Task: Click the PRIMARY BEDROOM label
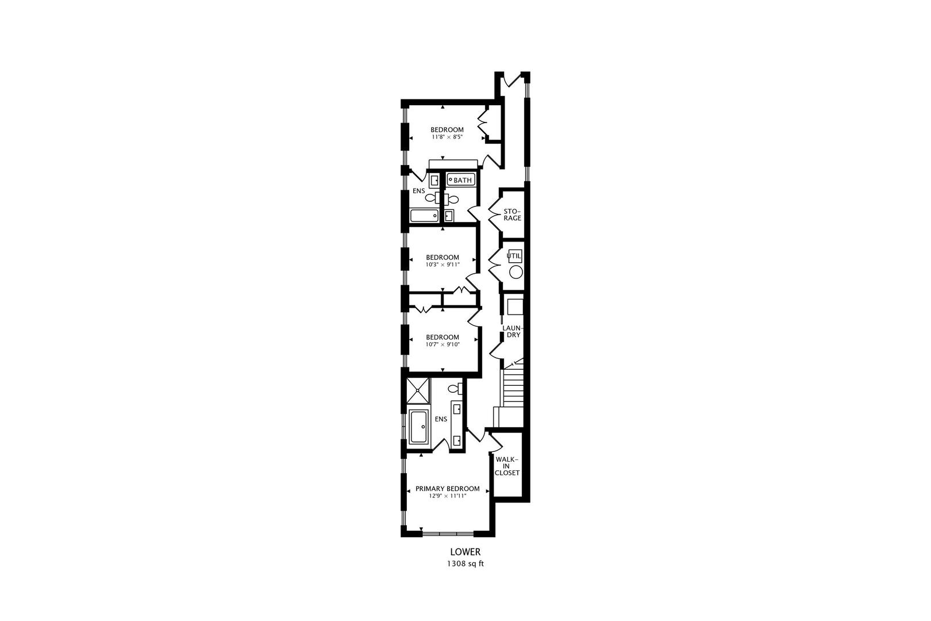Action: coord(447,489)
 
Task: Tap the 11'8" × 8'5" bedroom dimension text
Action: coord(447,137)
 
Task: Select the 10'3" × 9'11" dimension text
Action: coord(443,265)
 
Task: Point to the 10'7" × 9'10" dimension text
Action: coord(443,344)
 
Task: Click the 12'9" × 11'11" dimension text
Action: coord(447,496)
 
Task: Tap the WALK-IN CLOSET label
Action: coord(507,466)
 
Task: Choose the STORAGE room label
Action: coord(512,214)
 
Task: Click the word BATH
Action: coord(463,181)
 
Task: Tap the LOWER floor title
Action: coord(465,552)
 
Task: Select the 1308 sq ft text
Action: coord(465,563)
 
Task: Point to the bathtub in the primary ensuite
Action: coord(418,427)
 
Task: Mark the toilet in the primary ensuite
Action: coord(455,389)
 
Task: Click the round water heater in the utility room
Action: coord(516,273)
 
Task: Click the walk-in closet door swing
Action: coord(495,443)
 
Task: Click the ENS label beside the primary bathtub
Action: coord(441,419)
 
